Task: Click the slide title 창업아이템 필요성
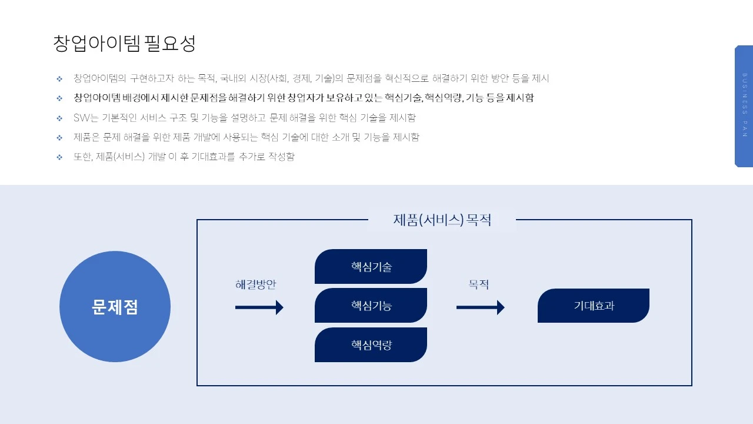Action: pos(124,44)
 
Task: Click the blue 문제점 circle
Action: pos(115,307)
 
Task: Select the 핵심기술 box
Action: pos(371,267)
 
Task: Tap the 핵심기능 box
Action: pos(371,306)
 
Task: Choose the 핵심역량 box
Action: pos(371,345)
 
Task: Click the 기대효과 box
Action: pos(593,306)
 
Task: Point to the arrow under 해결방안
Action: pos(259,307)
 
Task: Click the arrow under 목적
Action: pos(480,307)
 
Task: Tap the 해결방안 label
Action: pos(256,284)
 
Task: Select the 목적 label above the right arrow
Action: pos(478,284)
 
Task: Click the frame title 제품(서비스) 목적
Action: pos(442,220)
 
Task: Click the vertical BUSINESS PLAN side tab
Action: pos(744,106)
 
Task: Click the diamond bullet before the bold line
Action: pos(59,98)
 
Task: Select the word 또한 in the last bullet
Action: pos(82,157)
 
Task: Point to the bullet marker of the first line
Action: pos(59,78)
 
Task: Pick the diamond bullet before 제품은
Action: pos(59,137)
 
